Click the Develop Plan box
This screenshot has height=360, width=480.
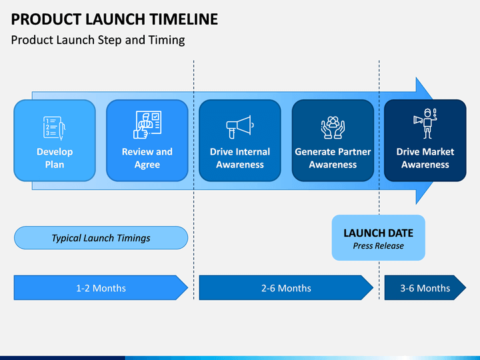(55, 141)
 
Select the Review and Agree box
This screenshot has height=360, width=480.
(147, 141)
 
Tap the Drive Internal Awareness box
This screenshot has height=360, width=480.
(240, 141)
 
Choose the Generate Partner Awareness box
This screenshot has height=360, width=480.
(333, 141)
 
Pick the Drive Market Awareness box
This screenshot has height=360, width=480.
(425, 141)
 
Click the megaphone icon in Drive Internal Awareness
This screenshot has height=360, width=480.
(240, 127)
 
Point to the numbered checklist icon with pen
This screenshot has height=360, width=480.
(55, 128)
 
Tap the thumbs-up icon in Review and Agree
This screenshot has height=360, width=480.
(141, 133)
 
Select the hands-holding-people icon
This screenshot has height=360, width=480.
(333, 127)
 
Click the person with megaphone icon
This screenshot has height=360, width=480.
(425, 124)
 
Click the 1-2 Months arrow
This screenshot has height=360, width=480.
(101, 287)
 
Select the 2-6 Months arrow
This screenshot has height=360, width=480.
(286, 287)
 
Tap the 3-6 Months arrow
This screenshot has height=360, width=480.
(425, 287)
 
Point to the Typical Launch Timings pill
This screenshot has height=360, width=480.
(101, 238)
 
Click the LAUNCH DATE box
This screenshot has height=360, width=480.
(379, 238)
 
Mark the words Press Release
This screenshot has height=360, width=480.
(379, 246)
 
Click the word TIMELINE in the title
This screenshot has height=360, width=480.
(184, 19)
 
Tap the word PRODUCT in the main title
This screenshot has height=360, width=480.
(46, 19)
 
